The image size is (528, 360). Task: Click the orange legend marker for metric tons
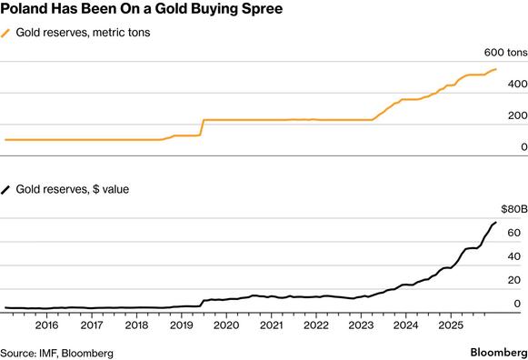point(8,34)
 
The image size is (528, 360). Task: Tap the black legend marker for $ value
point(8,189)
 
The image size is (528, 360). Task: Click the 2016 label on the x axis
point(46,325)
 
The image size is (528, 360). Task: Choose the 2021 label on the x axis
point(270,325)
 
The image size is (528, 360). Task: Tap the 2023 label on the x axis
point(360,325)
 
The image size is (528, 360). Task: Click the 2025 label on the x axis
point(450,325)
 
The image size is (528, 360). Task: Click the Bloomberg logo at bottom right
point(496,351)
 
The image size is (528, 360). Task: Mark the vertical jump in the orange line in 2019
point(202,127)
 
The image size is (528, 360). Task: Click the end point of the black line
point(495,222)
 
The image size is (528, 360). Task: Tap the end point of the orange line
point(495,69)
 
